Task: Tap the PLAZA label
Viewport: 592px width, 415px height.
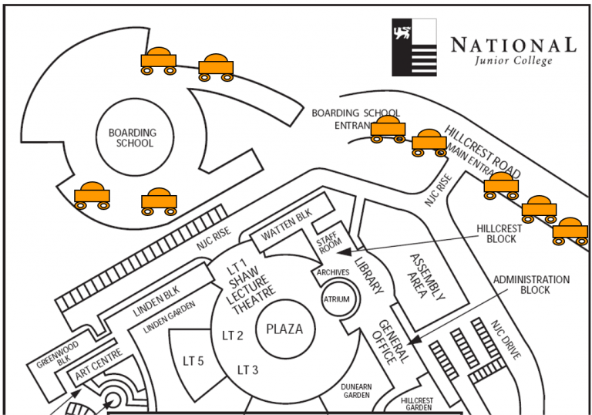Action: [x=284, y=329]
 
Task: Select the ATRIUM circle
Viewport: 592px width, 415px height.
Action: [x=336, y=299]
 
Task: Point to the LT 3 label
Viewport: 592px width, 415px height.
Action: [x=247, y=369]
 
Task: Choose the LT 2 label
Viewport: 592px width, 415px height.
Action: [x=233, y=336]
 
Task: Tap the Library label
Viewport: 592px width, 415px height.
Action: [x=368, y=275]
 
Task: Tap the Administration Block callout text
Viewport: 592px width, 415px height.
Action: [x=532, y=285]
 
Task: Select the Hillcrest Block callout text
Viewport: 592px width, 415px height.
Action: [x=499, y=234]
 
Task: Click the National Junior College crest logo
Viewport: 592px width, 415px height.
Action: [x=414, y=47]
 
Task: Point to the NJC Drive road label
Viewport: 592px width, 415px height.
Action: [x=505, y=339]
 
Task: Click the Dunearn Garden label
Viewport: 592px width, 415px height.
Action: [x=355, y=390]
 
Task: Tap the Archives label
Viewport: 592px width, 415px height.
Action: [x=333, y=272]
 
